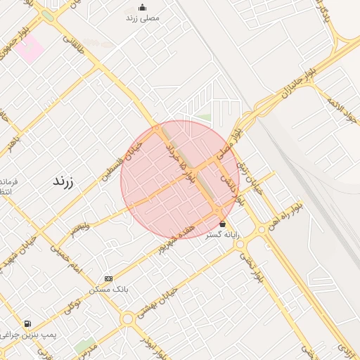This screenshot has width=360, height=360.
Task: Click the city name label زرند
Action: point(63,181)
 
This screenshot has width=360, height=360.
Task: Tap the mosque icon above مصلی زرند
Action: point(143,8)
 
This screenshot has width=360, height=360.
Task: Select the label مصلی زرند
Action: point(143,18)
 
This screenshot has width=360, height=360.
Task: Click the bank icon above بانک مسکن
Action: point(108,278)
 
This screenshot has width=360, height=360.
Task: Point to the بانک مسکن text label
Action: point(108,289)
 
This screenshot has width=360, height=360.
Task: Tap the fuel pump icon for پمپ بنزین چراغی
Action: point(27,324)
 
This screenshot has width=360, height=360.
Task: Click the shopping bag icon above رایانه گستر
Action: point(223,224)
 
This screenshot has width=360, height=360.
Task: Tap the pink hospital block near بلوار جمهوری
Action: point(29,49)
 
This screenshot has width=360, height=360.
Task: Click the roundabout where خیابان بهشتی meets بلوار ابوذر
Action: point(127,319)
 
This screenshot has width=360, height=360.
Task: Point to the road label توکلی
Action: point(72,304)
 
